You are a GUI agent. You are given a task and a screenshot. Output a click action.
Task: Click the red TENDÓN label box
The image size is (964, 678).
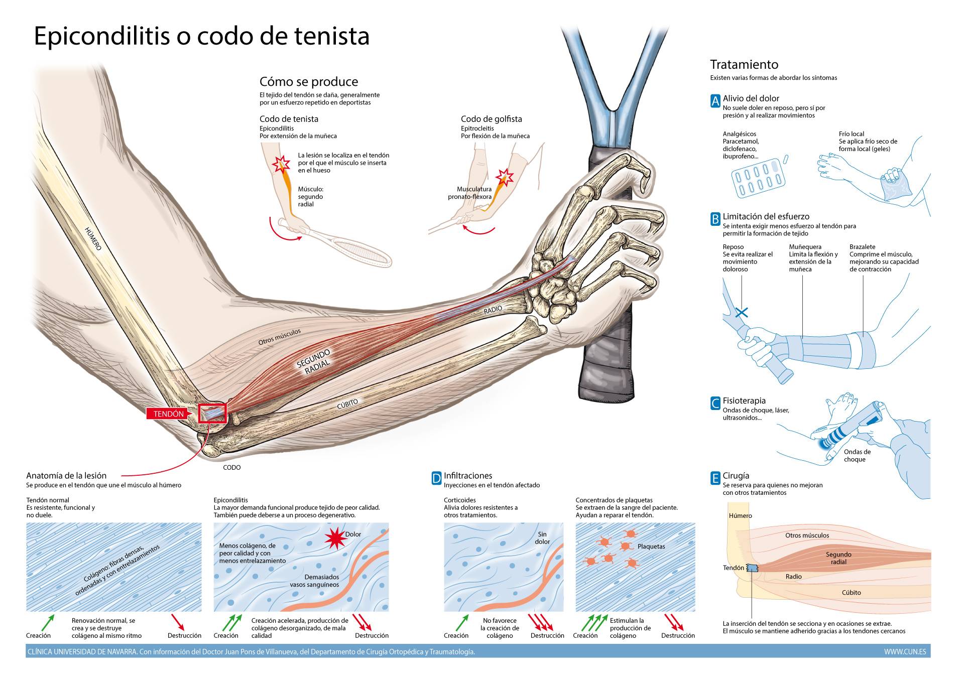pos(168,414)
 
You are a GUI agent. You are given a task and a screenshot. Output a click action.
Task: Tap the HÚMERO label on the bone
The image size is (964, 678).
pos(93,239)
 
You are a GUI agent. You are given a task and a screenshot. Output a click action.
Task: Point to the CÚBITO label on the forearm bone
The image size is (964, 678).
pos(347,403)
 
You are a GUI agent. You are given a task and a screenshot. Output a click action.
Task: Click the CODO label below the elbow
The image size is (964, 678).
pos(231,467)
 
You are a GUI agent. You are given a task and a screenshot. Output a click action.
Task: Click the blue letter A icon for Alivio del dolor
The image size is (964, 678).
pos(715,101)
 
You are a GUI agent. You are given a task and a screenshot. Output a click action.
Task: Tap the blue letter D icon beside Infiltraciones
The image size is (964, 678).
pos(436,479)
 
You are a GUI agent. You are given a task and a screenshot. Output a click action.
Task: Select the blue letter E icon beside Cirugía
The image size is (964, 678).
pos(715,479)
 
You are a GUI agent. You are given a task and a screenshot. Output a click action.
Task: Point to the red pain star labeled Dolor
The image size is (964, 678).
pos(335,538)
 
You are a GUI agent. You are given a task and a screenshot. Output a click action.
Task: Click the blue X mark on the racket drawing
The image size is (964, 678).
pos(742,312)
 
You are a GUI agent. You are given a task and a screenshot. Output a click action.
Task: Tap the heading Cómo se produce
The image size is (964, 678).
pos(308,82)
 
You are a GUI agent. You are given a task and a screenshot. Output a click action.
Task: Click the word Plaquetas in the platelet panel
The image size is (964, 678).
pos(651,547)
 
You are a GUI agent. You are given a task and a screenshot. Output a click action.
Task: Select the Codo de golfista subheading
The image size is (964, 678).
pos(491,119)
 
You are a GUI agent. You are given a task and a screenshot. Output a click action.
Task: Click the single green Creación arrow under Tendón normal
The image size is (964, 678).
pos(48,622)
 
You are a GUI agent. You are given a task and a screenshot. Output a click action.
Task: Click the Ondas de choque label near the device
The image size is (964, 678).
pos(857,456)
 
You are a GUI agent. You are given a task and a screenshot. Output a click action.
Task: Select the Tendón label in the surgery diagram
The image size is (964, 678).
pos(733,568)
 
